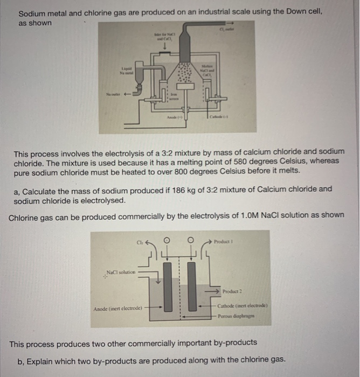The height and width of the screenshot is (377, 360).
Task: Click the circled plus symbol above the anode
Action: click(x=167, y=240)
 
